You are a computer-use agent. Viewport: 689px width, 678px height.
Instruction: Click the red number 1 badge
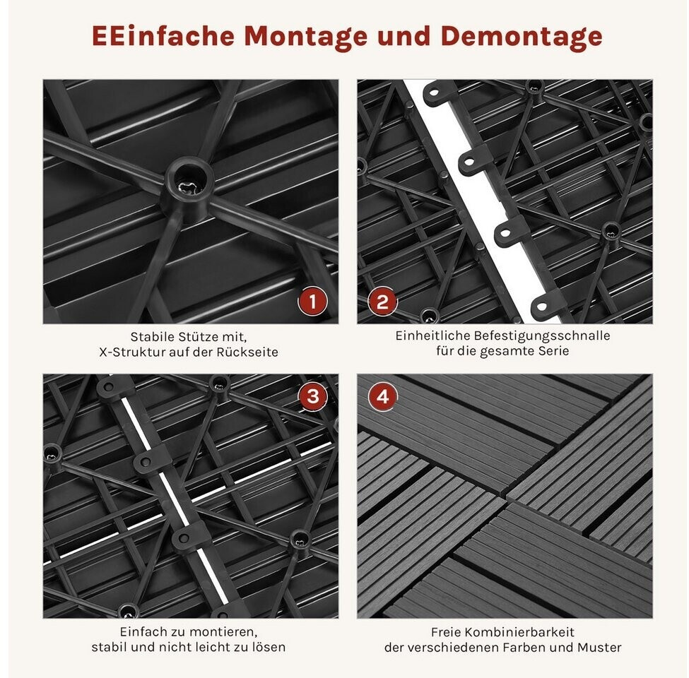(x=312, y=302)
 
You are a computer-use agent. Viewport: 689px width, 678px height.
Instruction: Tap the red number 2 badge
(x=382, y=302)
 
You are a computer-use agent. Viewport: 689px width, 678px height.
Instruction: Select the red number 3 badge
(x=312, y=396)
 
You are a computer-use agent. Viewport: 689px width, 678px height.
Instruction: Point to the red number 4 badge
(x=383, y=396)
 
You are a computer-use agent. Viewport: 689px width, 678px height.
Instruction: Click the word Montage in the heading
(x=306, y=37)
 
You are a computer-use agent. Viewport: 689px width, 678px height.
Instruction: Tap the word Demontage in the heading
(x=522, y=37)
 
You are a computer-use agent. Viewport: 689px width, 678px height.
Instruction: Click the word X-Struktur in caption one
(x=128, y=352)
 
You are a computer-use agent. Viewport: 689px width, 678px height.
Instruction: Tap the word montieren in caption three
(x=224, y=632)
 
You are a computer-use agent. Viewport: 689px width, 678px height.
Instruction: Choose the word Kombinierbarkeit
(x=519, y=632)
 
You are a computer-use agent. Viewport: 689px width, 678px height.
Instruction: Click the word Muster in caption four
(x=600, y=648)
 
